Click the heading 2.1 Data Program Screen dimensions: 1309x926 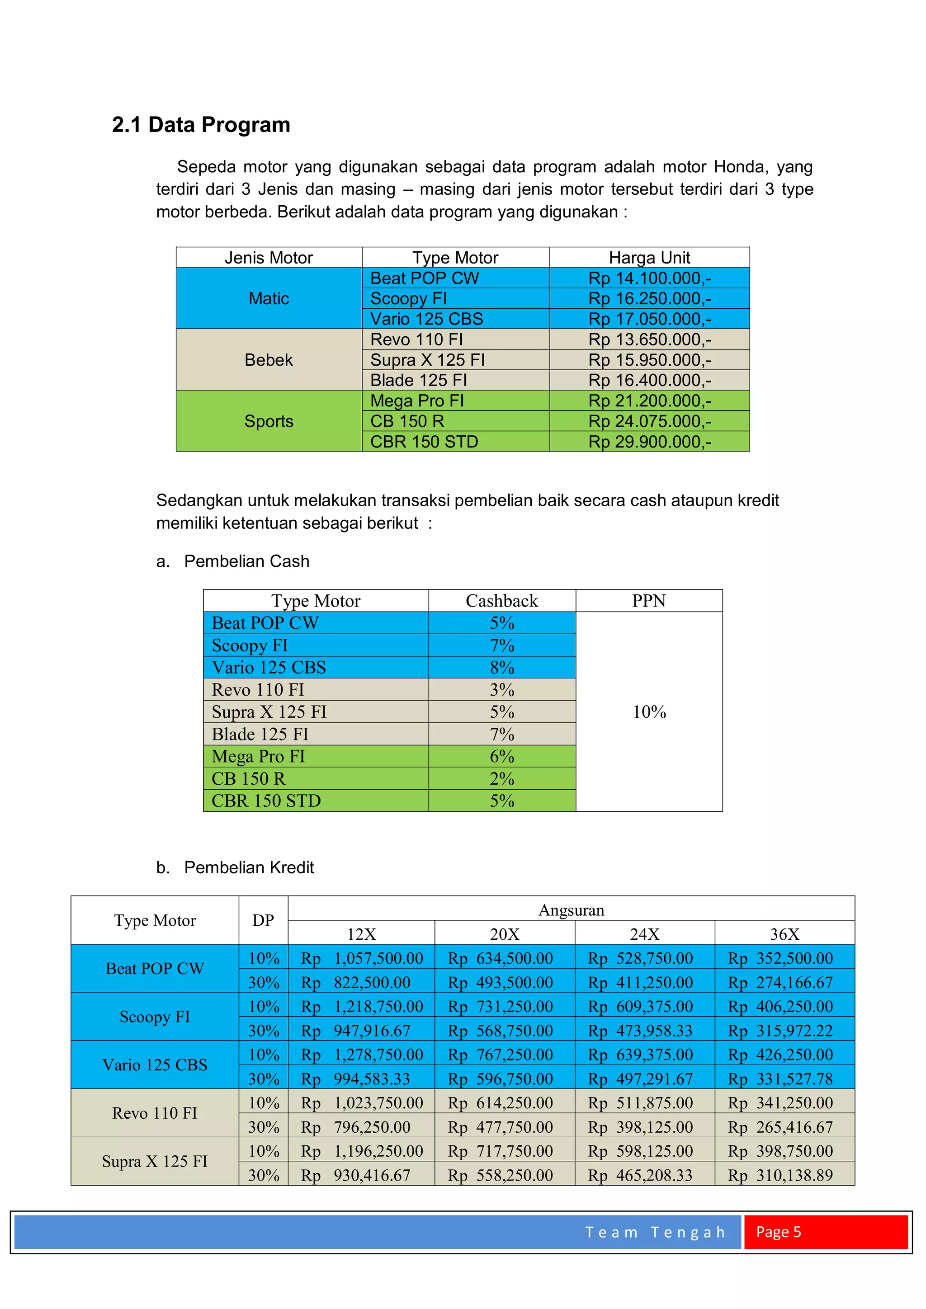201,125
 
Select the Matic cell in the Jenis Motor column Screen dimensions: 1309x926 269,298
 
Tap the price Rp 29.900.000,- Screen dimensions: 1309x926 649,442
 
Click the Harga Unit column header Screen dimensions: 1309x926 649,258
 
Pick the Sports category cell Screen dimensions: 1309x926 269,421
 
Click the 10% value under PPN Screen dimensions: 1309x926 649,711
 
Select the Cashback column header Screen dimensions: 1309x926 502,601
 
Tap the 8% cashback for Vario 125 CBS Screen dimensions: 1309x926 502,668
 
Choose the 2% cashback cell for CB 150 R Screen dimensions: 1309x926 502,779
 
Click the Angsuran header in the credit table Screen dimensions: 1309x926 572,910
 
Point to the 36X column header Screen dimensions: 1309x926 784,934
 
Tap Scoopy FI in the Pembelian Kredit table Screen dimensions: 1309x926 155,1017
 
